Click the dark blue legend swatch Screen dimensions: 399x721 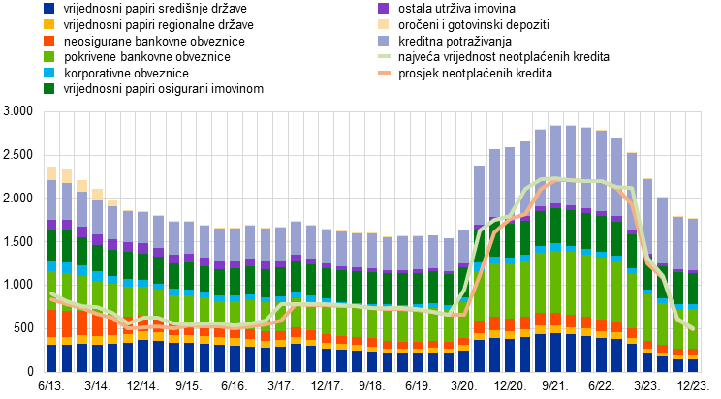pyautogui.click(x=48, y=8)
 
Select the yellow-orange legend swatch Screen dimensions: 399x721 pyautogui.click(x=48, y=24)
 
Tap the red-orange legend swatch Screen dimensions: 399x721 pyautogui.click(x=48, y=41)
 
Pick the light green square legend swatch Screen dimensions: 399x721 pyautogui.click(x=48, y=56)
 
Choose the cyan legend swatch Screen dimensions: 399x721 pyautogui.click(x=48, y=73)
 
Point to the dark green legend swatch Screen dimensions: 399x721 pyautogui.click(x=48, y=88)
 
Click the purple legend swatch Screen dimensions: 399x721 pyautogui.click(x=383, y=8)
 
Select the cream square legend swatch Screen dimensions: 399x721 pyautogui.click(x=383, y=24)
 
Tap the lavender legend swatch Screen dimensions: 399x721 pyautogui.click(x=383, y=41)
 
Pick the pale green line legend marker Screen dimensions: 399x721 pyautogui.click(x=384, y=56)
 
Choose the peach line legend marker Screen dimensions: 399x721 pyautogui.click(x=384, y=73)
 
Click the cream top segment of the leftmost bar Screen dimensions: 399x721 pyautogui.click(x=51, y=173)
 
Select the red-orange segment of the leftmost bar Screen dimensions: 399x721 pyautogui.click(x=51, y=322)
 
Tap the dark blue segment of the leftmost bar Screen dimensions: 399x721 pyautogui.click(x=51, y=358)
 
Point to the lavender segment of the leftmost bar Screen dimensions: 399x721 pyautogui.click(x=51, y=199)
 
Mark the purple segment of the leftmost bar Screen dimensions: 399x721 pyautogui.click(x=51, y=225)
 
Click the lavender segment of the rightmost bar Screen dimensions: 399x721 pyautogui.click(x=692, y=244)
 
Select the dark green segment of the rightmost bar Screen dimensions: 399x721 pyautogui.click(x=692, y=289)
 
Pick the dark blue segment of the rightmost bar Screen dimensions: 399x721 pyautogui.click(x=692, y=366)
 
